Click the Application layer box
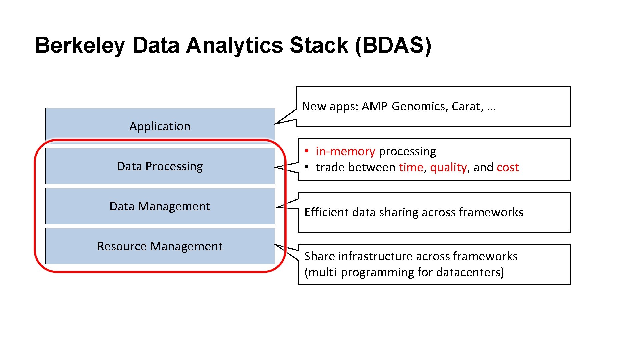pos(160,126)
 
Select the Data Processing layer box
pos(160,166)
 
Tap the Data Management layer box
pos(160,206)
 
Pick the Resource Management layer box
pos(160,246)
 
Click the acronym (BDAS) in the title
pos(393,45)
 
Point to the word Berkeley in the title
pos(80,45)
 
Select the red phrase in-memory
pos(345,151)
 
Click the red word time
pos(411,167)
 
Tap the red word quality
pos(448,167)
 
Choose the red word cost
pos(507,167)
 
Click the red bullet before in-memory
pos(306,151)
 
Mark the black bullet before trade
pos(306,167)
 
